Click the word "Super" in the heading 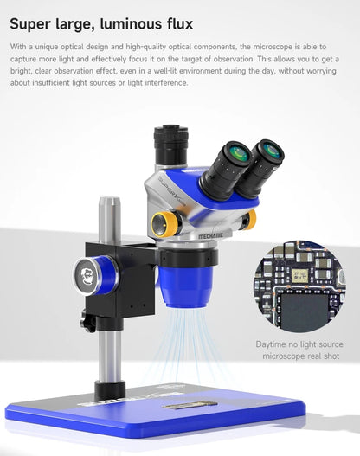[x=33, y=21]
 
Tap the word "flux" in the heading [x=175, y=21]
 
